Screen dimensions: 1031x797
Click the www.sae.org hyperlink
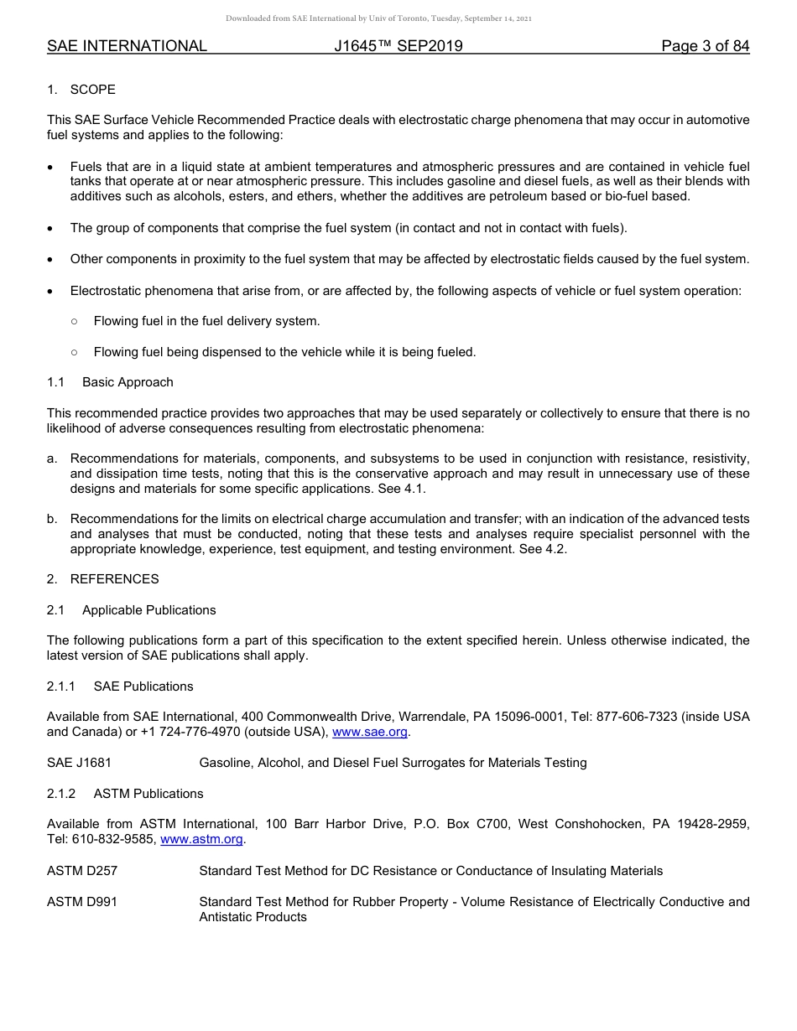point(370,732)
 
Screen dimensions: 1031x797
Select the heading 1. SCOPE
point(81,90)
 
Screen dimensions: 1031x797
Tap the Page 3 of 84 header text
point(705,46)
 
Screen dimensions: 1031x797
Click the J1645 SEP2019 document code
point(398,46)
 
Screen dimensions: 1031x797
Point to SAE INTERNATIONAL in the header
point(127,46)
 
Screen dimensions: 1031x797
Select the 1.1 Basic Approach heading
point(110,382)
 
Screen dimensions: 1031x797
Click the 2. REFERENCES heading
point(102,579)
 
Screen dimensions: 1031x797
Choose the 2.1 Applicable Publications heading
point(131,610)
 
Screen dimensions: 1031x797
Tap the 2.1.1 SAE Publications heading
point(120,686)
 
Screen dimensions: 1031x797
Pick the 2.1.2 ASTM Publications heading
point(125,794)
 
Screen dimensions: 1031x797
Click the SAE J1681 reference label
point(79,763)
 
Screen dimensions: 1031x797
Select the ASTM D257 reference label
point(82,871)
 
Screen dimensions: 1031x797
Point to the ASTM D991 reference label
point(82,902)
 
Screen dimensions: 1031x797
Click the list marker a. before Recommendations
point(52,459)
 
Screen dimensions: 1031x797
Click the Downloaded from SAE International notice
point(378,18)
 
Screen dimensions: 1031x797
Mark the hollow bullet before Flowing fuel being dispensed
point(74,352)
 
